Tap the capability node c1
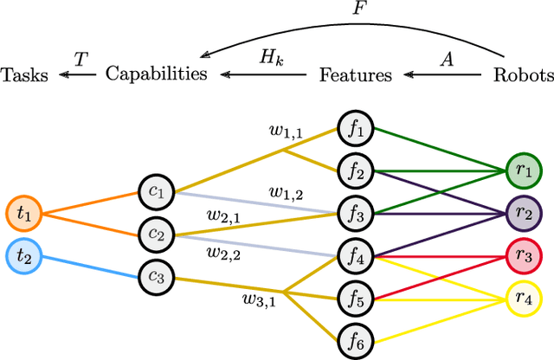157,191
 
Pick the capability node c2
157,234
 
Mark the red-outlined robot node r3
523,255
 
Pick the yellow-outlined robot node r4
523,298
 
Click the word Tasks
24,74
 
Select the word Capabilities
157,74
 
